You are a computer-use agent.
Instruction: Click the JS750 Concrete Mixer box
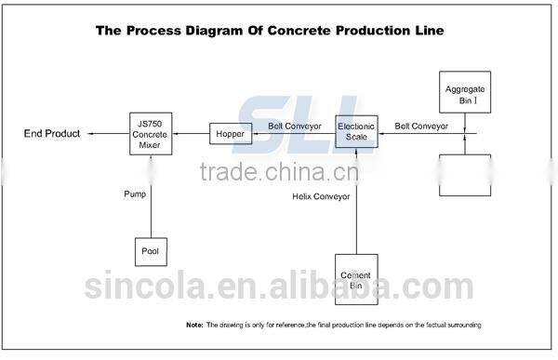click(x=150, y=134)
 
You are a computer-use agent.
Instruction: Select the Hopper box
click(x=230, y=135)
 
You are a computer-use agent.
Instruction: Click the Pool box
click(x=150, y=251)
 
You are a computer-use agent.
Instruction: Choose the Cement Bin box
click(x=357, y=278)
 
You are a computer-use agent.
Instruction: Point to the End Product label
click(x=52, y=135)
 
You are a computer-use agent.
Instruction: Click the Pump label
click(x=136, y=194)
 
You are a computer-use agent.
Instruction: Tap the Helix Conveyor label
click(x=320, y=197)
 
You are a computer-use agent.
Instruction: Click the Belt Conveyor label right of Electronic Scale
click(x=420, y=125)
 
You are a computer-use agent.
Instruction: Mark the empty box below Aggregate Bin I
click(x=464, y=175)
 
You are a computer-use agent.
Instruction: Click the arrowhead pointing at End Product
click(x=91, y=135)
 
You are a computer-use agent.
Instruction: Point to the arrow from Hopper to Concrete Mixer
click(x=191, y=135)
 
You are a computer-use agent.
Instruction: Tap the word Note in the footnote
click(x=194, y=325)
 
